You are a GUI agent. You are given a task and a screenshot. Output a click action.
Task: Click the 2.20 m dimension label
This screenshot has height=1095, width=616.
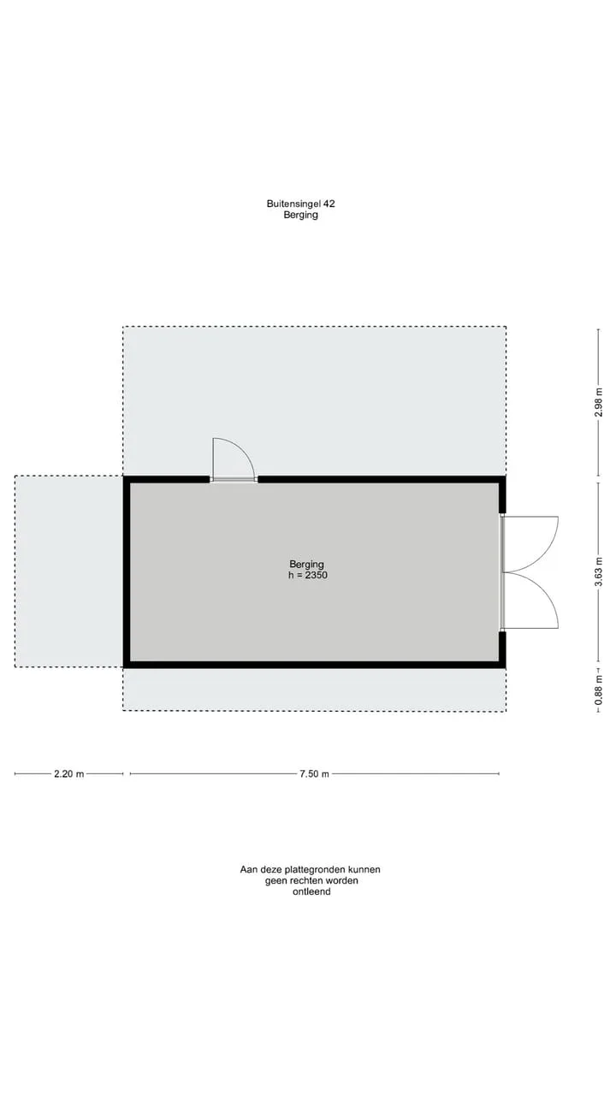click(69, 774)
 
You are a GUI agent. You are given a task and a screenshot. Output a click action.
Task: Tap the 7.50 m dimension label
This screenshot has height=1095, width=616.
click(314, 774)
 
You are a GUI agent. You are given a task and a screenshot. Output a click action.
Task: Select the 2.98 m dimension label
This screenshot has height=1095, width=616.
click(598, 402)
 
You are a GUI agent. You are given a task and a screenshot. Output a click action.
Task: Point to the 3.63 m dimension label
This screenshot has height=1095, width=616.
click(598, 571)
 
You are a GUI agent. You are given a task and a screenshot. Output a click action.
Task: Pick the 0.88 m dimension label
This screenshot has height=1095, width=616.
click(598, 690)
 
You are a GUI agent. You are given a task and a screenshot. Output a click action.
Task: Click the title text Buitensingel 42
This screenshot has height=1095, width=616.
click(300, 204)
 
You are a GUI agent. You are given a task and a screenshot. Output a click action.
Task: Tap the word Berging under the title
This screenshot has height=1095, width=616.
click(300, 215)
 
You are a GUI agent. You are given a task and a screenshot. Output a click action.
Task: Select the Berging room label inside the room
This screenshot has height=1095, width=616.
click(306, 565)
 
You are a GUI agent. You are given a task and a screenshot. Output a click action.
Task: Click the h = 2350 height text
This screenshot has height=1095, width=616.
click(308, 576)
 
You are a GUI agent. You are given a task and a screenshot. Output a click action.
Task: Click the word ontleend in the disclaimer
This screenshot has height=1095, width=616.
click(311, 891)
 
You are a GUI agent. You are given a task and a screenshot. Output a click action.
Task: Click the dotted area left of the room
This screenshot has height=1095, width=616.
click(68, 571)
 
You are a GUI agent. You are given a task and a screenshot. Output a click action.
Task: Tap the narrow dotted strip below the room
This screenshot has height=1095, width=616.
click(314, 690)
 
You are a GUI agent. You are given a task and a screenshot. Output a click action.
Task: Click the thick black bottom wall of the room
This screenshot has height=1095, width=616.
click(314, 666)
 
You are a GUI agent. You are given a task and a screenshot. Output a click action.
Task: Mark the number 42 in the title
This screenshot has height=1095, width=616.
click(329, 204)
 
